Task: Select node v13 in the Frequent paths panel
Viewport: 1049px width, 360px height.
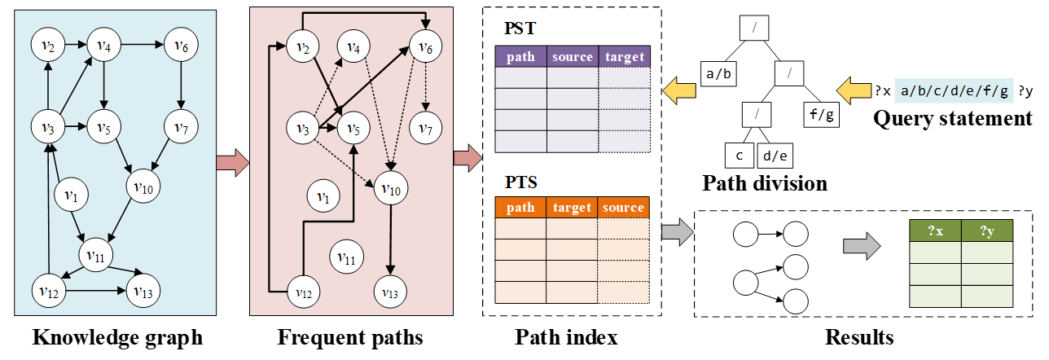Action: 391,288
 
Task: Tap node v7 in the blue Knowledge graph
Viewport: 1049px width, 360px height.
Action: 181,127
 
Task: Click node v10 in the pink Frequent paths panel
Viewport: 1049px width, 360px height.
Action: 392,189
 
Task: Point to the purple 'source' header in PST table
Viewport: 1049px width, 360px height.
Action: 572,57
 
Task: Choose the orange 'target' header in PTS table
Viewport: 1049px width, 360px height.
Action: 572,208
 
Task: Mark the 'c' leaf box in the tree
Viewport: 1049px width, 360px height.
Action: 740,155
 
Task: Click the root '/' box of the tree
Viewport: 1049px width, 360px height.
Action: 755,29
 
